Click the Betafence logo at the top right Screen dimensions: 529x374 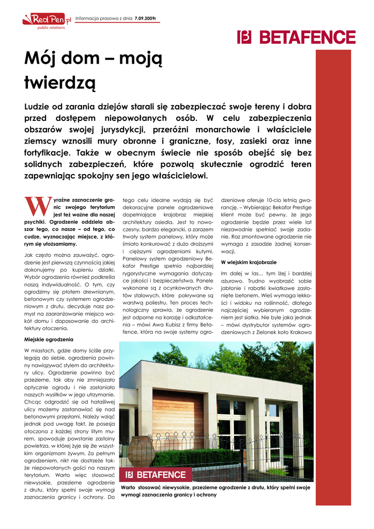(x=296, y=37)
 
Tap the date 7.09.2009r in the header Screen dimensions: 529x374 (x=145, y=19)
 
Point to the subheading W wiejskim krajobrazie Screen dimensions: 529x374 (x=248, y=262)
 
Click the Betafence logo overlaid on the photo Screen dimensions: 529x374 (x=156, y=475)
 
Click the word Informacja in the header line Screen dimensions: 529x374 (x=89, y=19)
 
